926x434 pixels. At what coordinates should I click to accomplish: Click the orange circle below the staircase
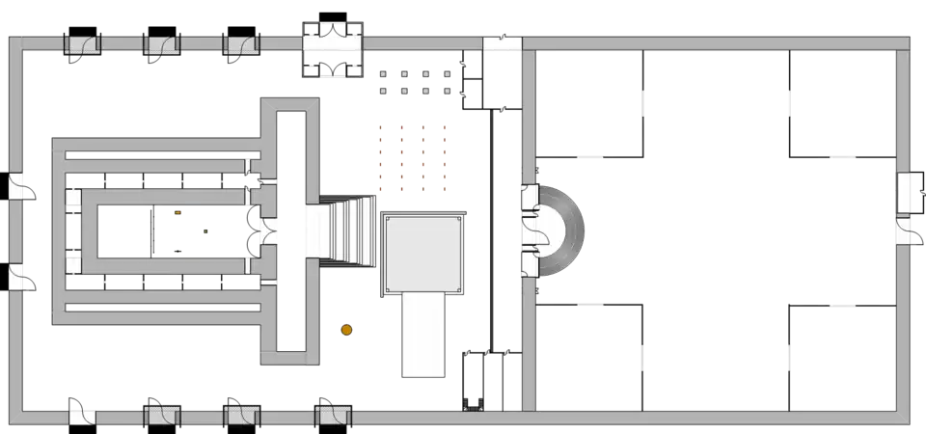345,331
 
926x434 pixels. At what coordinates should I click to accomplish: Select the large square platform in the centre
423,253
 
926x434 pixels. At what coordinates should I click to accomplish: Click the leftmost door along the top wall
82,42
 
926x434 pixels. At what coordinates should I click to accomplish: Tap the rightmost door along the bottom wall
334,416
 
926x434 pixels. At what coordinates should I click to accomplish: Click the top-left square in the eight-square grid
384,73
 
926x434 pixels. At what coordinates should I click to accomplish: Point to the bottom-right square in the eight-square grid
447,92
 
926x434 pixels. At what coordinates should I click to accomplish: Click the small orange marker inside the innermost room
177,211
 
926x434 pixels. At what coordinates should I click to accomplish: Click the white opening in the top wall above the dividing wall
503,43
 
